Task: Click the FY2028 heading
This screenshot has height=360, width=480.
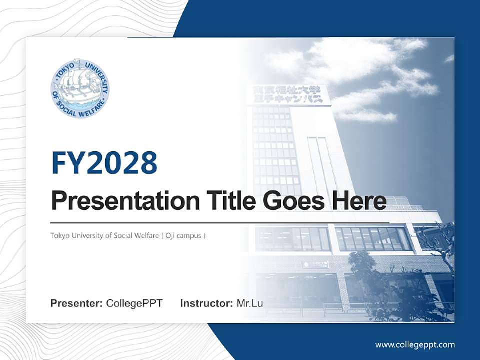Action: pyautogui.click(x=104, y=163)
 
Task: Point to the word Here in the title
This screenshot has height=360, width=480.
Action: pyautogui.click(x=358, y=201)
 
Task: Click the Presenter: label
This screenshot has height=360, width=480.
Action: pyautogui.click(x=77, y=303)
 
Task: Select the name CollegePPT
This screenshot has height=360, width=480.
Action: pyautogui.click(x=134, y=303)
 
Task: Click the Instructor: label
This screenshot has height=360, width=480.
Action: pyautogui.click(x=206, y=303)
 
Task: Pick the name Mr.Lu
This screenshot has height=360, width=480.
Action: pyautogui.click(x=249, y=303)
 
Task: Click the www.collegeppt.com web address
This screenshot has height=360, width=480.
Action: pyautogui.click(x=415, y=345)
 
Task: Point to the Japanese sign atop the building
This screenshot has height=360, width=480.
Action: pyautogui.click(x=288, y=94)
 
